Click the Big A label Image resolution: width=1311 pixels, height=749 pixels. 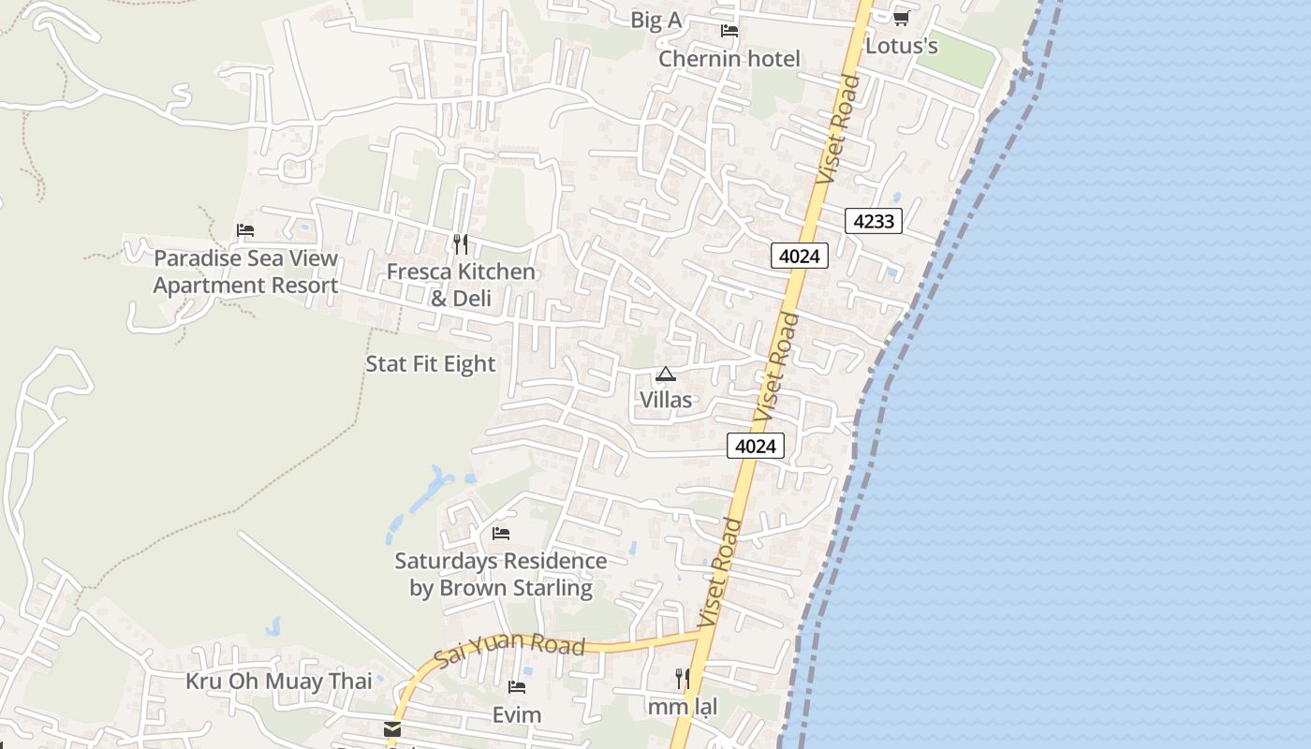[x=655, y=21]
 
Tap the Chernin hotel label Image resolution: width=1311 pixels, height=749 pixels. [x=729, y=59]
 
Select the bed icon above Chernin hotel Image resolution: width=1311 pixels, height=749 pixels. [x=729, y=31]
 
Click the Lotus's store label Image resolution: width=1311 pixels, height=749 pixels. [x=902, y=46]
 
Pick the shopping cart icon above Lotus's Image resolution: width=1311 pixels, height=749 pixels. [x=902, y=18]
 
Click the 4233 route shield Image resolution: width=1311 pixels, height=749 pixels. [x=874, y=221]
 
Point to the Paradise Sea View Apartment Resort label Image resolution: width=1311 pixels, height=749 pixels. [x=245, y=272]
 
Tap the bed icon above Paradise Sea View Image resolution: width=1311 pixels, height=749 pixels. [x=245, y=230]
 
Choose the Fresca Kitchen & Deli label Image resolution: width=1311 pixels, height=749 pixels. [x=461, y=285]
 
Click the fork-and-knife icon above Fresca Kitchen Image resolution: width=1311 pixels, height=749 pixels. [x=461, y=244]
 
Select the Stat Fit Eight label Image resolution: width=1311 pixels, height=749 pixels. [x=430, y=363]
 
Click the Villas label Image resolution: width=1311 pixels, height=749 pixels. [x=666, y=400]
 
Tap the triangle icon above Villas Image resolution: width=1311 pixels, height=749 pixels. [x=666, y=374]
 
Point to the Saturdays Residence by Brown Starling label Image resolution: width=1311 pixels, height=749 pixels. [x=501, y=574]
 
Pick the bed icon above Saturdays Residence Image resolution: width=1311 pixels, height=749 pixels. [x=501, y=534]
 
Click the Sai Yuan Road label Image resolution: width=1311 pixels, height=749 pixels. [x=510, y=648]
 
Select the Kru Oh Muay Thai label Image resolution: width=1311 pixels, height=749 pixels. [x=278, y=681]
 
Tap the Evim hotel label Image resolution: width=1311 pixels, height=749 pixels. [x=517, y=715]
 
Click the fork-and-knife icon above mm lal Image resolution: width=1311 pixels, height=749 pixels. [x=683, y=678]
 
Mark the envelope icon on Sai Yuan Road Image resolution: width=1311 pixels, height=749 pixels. [x=392, y=728]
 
